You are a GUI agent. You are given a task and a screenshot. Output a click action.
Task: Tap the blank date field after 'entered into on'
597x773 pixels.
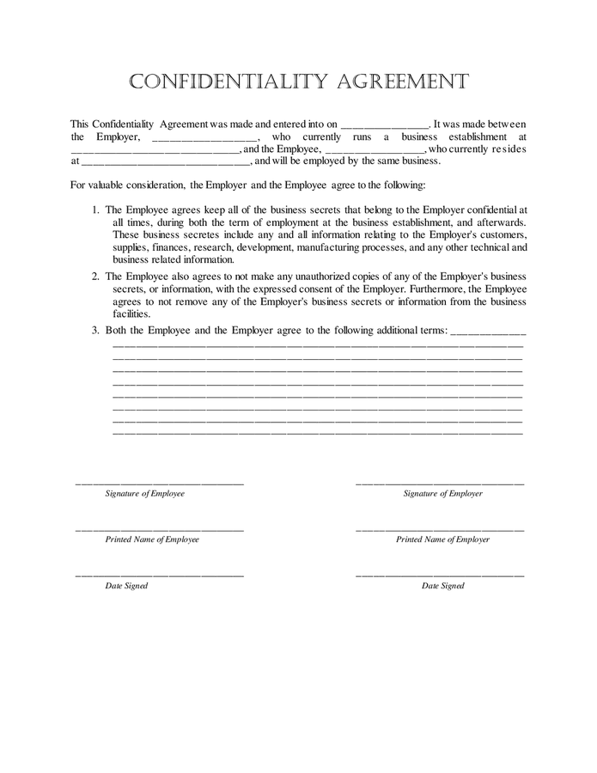click(384, 125)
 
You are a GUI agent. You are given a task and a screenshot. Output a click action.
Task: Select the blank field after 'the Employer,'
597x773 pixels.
click(204, 137)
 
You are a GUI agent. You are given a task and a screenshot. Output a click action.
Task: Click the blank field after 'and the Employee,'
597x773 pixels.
click(375, 149)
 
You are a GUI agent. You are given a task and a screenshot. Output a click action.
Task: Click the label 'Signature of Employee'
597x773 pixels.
click(144, 494)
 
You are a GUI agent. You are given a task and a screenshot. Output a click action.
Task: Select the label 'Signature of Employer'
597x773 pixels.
click(442, 494)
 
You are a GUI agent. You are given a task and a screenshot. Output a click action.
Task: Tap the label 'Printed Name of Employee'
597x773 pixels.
click(152, 539)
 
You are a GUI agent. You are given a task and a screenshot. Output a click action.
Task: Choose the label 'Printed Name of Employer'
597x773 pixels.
click(442, 539)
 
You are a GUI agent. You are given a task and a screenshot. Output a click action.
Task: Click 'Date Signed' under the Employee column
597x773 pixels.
click(126, 586)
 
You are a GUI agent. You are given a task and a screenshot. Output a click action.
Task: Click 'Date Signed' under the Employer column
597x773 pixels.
click(442, 586)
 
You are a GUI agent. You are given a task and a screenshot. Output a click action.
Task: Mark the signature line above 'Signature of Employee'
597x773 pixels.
click(160, 484)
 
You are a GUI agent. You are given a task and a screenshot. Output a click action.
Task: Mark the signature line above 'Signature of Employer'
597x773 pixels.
click(440, 484)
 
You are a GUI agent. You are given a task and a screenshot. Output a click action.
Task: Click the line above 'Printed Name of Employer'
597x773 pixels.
click(440, 530)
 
